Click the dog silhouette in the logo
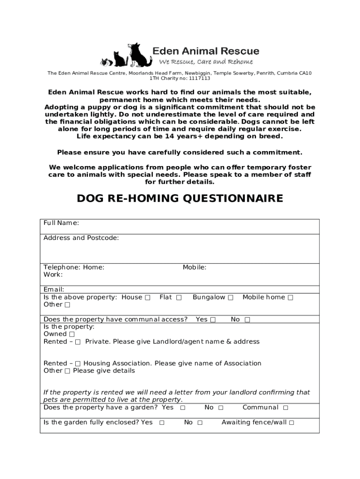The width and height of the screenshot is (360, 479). (140, 55)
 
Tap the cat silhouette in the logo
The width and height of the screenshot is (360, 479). (121, 59)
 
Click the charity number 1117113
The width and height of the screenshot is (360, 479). (198, 79)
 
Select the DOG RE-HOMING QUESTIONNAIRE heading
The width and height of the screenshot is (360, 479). (180, 199)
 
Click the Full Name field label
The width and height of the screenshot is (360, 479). (61, 223)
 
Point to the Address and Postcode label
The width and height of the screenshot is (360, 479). (81, 238)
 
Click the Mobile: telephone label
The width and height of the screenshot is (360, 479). (194, 268)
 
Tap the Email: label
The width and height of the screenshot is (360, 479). (54, 290)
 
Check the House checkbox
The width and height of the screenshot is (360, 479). (148, 298)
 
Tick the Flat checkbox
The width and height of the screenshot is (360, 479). (179, 298)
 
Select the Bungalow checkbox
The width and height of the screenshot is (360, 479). (230, 298)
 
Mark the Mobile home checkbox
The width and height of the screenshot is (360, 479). (290, 298)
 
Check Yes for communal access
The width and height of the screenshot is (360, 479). (213, 320)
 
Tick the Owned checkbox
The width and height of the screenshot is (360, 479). (72, 334)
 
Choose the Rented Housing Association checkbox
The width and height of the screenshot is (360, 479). (78, 364)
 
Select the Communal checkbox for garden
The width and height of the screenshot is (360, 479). (286, 408)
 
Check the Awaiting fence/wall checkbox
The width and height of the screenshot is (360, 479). (291, 423)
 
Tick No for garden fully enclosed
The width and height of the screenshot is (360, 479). (200, 423)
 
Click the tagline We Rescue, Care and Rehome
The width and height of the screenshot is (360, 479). (206, 62)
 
